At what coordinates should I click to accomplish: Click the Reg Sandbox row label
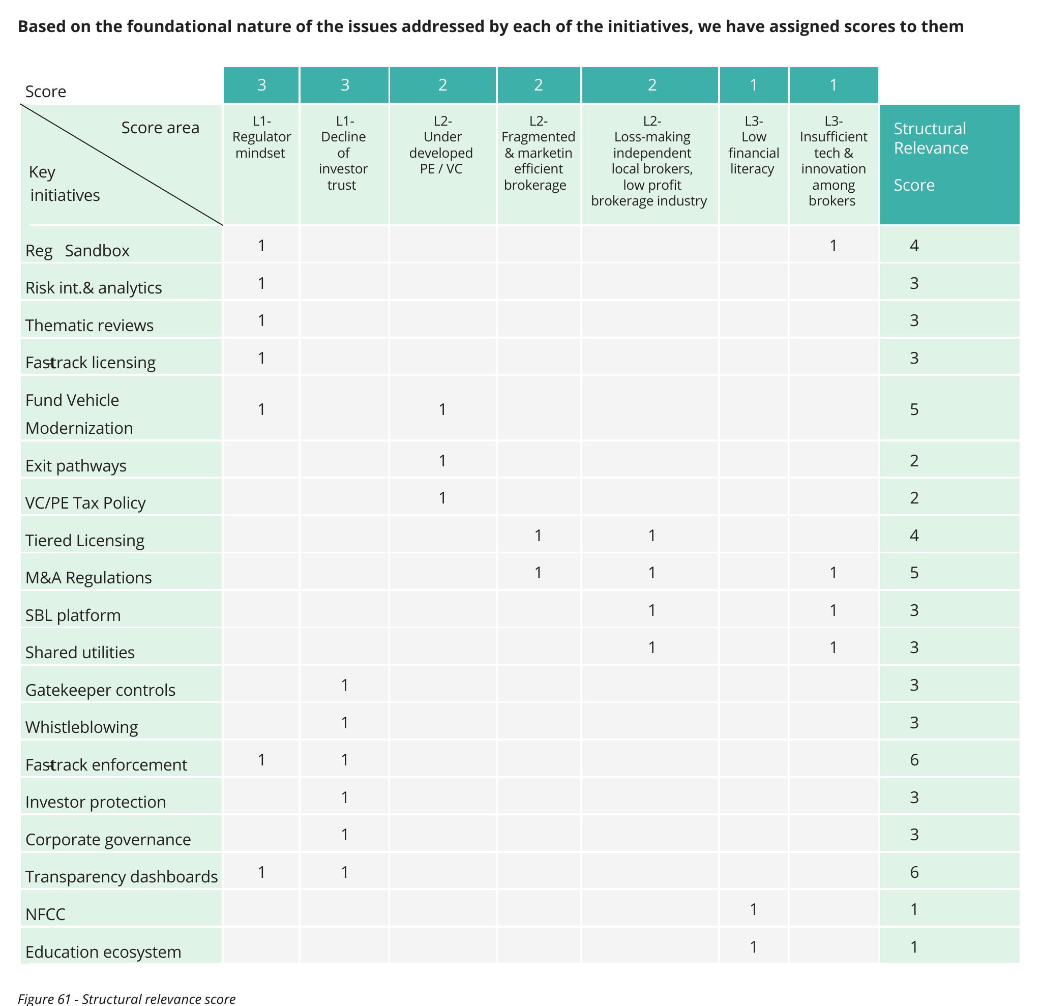point(77,250)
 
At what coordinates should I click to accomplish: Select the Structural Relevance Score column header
point(931,157)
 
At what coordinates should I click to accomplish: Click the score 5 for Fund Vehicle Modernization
point(913,409)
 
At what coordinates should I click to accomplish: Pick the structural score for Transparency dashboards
point(913,872)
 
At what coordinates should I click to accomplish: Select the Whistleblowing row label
point(82,727)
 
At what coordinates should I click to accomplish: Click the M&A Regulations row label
point(88,577)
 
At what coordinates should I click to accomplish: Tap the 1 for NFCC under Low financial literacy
point(753,909)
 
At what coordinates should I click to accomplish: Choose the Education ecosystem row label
point(104,951)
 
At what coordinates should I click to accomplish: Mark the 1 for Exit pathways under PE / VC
point(442,460)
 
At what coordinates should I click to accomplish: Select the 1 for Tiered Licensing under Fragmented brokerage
point(538,536)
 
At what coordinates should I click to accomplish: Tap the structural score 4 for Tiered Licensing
point(913,536)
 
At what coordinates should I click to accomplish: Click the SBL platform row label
point(73,615)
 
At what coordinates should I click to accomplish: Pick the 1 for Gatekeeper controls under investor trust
point(345,685)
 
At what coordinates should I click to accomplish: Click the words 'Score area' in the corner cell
point(160,128)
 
